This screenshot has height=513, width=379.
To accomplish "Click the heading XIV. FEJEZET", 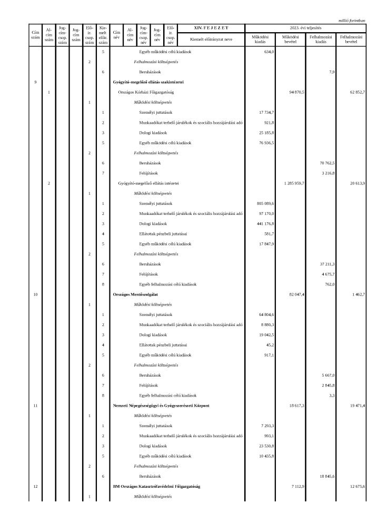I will coord(212,27).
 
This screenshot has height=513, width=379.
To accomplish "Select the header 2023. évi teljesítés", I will coord(305,27).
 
